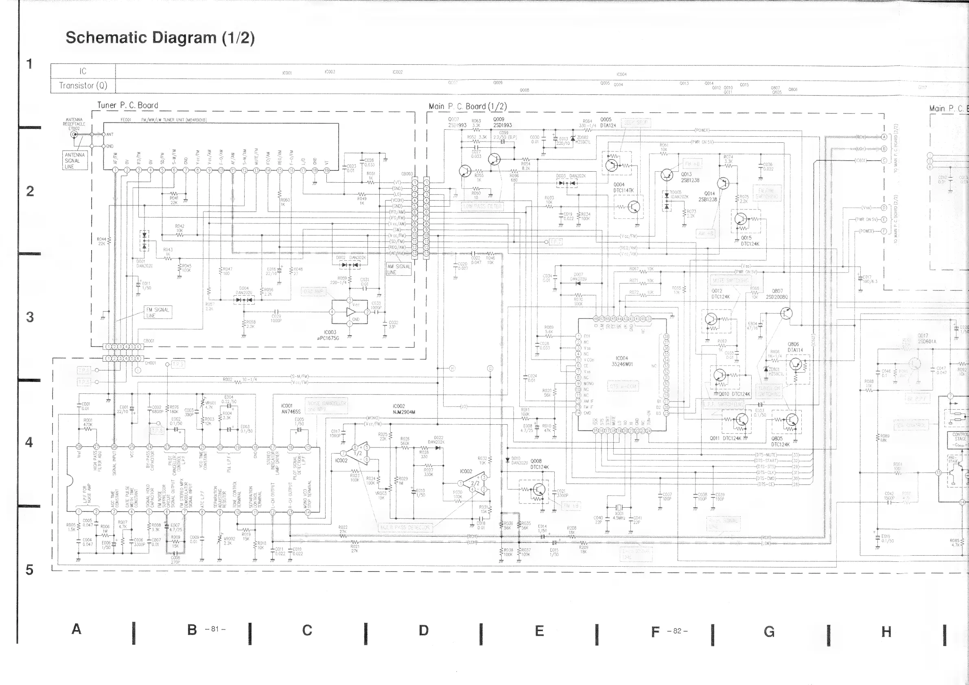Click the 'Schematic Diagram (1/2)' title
[x=160, y=37]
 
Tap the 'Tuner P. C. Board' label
[x=127, y=105]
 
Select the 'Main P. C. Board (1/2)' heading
[x=468, y=106]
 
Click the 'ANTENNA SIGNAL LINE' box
[x=75, y=161]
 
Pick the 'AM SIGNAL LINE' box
[x=398, y=269]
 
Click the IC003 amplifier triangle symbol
[x=351, y=312]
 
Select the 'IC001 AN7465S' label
[x=291, y=408]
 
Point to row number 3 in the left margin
[x=30, y=317]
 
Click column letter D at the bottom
[x=423, y=630]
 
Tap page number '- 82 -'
[x=677, y=631]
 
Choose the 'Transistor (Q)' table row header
[x=83, y=85]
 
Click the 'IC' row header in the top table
[x=83, y=71]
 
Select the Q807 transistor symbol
[x=786, y=313]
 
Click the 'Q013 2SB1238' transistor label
[x=689, y=177]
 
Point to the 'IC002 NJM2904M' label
[x=404, y=409]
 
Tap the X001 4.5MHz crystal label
[x=619, y=515]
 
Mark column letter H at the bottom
[x=886, y=631]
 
